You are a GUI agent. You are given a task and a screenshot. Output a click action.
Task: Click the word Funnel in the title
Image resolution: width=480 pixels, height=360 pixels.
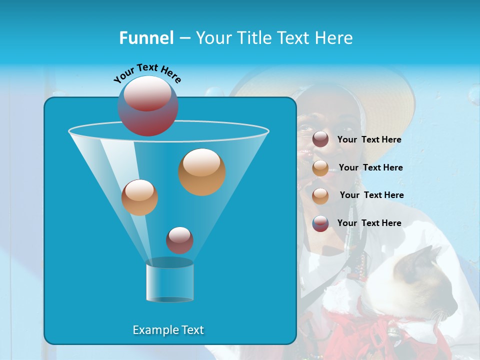click(x=146, y=38)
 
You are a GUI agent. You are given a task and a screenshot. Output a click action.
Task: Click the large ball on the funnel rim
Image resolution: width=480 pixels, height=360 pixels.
click(x=148, y=106)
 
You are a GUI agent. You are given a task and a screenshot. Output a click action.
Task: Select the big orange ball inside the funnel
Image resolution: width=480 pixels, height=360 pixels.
click(x=202, y=171)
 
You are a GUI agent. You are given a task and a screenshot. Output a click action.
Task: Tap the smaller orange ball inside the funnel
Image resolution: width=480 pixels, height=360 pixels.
click(x=139, y=197)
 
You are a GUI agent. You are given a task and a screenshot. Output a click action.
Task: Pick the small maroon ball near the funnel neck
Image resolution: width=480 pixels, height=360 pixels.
click(x=179, y=240)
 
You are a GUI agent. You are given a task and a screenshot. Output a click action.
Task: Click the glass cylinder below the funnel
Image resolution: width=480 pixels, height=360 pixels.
click(x=169, y=282)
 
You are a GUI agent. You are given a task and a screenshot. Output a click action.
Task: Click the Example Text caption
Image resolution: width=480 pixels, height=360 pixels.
click(x=168, y=330)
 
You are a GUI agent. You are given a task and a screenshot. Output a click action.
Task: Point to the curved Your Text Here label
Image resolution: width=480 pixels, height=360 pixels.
click(x=147, y=72)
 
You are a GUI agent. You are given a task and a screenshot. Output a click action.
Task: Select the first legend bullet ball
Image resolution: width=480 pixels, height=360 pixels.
click(x=320, y=140)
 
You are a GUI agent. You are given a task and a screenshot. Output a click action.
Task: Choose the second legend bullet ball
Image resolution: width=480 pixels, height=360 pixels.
click(x=320, y=168)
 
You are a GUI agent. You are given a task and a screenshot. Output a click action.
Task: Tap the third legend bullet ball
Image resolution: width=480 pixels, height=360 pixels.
click(x=320, y=195)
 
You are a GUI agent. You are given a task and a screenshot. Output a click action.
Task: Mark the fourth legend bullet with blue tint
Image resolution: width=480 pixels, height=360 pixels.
click(x=320, y=223)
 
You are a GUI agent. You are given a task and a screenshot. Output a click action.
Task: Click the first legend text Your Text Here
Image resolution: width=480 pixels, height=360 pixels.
click(x=369, y=140)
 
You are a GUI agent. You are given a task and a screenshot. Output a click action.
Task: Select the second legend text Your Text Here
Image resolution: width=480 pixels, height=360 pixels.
click(x=370, y=168)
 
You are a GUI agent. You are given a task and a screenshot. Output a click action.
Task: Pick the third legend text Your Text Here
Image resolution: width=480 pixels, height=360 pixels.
click(x=371, y=195)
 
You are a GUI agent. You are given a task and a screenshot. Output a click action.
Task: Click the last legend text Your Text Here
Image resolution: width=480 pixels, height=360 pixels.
click(x=369, y=223)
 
